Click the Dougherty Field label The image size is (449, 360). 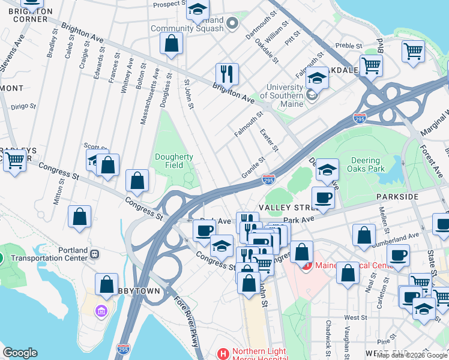click(174, 161)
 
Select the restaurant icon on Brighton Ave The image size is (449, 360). click(227, 74)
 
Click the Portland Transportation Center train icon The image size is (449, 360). click(94, 254)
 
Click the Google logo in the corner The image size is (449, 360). click(20, 353)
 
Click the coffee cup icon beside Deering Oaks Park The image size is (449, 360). click(323, 197)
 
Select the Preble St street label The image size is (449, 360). click(349, 46)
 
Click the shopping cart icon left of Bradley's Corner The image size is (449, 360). click(14, 160)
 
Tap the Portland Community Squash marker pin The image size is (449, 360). click(234, 23)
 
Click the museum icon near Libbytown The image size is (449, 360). click(101, 311)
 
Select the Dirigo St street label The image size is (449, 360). click(22, 107)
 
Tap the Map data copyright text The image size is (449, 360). click(412, 355)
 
